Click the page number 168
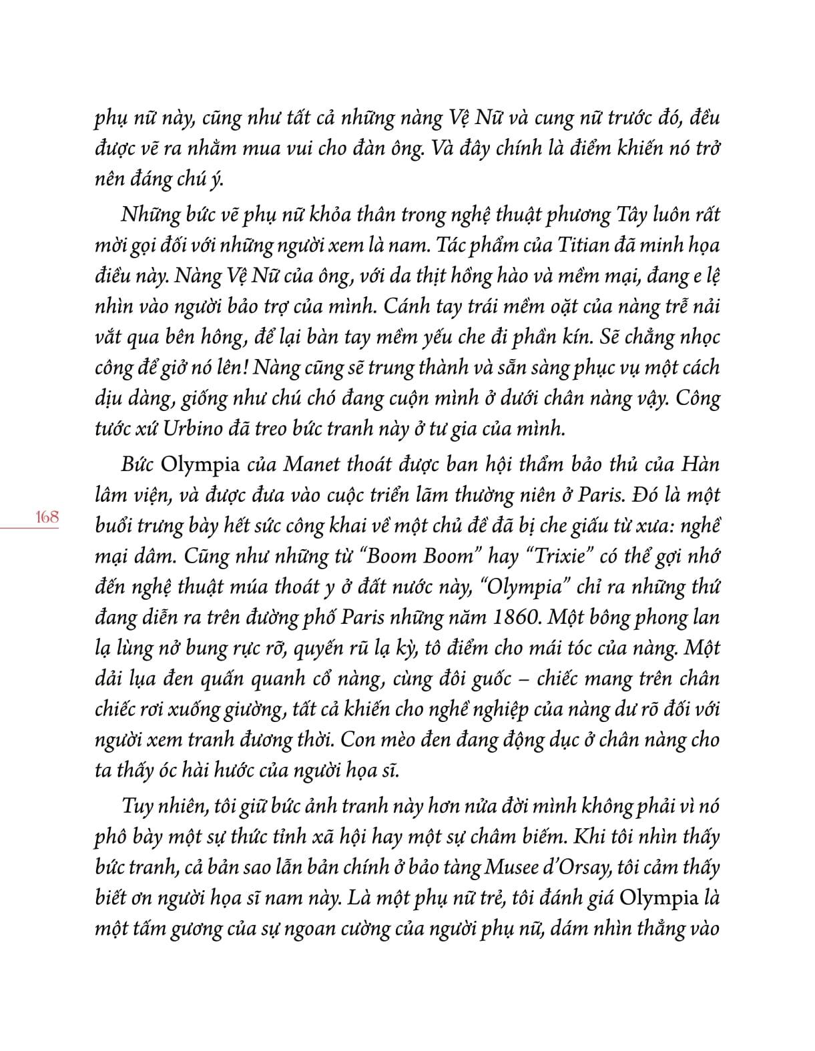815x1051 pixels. pyautogui.click(x=46, y=516)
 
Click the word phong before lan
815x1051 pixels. pyautogui.click(x=655, y=617)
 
